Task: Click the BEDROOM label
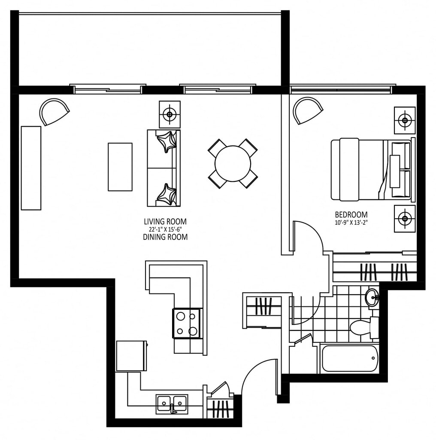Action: click(351, 215)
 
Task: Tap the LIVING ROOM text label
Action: click(165, 222)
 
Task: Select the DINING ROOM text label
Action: click(165, 237)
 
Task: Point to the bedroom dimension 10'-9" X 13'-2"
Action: click(351, 223)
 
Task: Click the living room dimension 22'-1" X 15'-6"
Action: click(165, 229)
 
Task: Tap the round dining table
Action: click(233, 163)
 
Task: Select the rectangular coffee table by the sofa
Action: click(120, 167)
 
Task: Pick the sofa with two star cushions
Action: click(164, 168)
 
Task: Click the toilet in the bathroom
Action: click(364, 327)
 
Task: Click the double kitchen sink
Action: click(172, 404)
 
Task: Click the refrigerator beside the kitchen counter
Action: click(132, 356)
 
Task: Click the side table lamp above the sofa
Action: click(170, 114)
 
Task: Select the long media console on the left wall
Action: click(31, 168)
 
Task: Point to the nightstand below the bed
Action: click(405, 219)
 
